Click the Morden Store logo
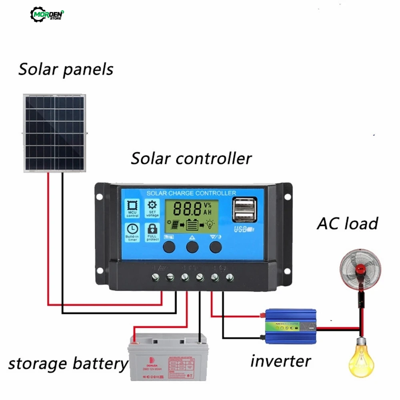pyautogui.click(x=47, y=15)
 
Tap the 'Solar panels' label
pyautogui.click(x=66, y=70)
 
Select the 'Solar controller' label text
pyautogui.click(x=191, y=158)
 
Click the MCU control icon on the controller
pyautogui.click(x=132, y=208)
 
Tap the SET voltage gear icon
pyautogui.click(x=153, y=208)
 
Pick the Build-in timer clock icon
pyautogui.click(x=132, y=232)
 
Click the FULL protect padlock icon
pyautogui.click(x=153, y=231)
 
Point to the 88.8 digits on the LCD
pyautogui.click(x=187, y=209)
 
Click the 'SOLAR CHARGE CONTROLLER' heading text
pyautogui.click(x=191, y=193)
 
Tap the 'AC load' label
pyautogui.click(x=347, y=224)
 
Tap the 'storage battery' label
pyautogui.click(x=67, y=364)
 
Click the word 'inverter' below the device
pyautogui.click(x=280, y=361)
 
